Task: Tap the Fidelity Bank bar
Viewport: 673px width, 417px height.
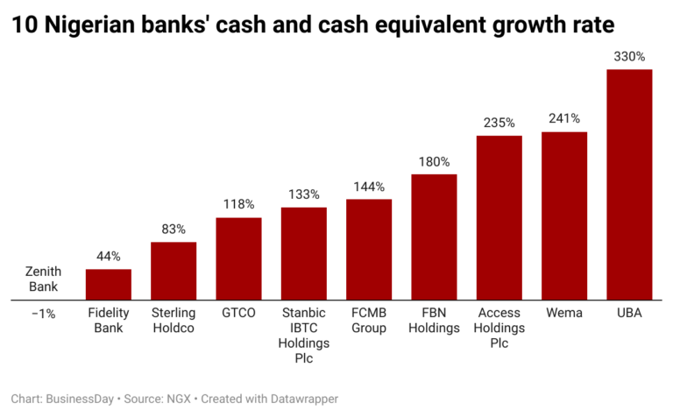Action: pyautogui.click(x=109, y=285)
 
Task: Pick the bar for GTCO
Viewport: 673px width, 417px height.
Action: pyautogui.click(x=238, y=258)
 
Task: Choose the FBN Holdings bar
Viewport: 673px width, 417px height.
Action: pyautogui.click(x=434, y=237)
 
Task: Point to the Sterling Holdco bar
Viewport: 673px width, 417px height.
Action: pyautogui.click(x=174, y=271)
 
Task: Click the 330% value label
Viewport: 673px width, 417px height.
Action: pyautogui.click(x=629, y=57)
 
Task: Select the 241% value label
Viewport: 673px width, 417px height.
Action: pyautogui.click(x=564, y=119)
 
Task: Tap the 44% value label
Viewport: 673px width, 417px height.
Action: pyautogui.click(x=109, y=257)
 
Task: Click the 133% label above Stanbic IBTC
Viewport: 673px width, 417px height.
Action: pyautogui.click(x=303, y=194)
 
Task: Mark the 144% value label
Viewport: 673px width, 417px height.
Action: pyautogui.click(x=369, y=187)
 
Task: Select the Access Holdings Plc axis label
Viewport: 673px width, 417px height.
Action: pyautogui.click(x=499, y=329)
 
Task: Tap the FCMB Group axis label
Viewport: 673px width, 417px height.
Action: pyautogui.click(x=369, y=321)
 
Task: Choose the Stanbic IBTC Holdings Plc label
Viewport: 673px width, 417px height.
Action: pyautogui.click(x=303, y=336)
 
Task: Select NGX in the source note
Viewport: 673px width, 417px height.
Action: pyautogui.click(x=180, y=399)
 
